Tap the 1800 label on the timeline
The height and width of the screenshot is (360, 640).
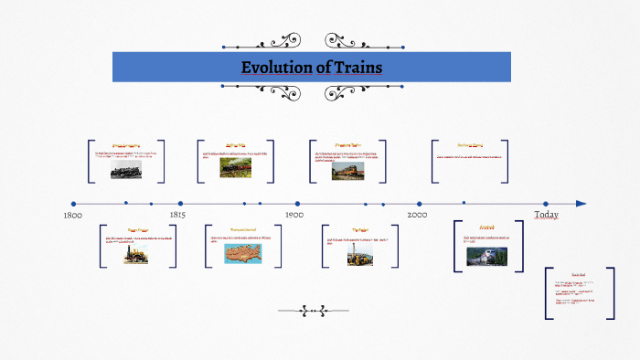tap(74, 216)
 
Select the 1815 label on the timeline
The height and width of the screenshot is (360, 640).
tap(177, 216)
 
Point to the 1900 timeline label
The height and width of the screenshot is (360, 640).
tap(293, 215)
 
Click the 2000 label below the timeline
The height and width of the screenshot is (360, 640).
tap(417, 215)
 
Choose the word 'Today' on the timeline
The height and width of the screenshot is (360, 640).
tap(547, 214)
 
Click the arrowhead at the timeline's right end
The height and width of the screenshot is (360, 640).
tap(581, 204)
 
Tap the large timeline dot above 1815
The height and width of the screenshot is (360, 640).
tap(180, 204)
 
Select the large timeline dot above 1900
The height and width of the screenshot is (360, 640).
tap(297, 204)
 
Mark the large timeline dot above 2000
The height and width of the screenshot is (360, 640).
tap(419, 204)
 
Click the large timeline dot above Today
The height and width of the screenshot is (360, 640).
tap(546, 204)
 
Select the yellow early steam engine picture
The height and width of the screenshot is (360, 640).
tap(135, 255)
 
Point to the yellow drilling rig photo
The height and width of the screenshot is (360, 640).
tap(353, 256)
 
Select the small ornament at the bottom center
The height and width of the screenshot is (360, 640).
tap(314, 311)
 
